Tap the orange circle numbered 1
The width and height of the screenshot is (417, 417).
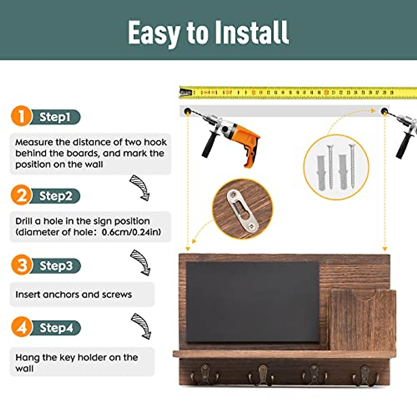[x=21, y=116]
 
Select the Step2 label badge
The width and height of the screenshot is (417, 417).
[x=56, y=196]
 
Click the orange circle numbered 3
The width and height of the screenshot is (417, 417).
[x=22, y=265]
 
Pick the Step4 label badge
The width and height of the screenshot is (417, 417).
[x=56, y=328]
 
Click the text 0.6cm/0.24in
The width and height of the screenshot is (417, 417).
[x=131, y=232]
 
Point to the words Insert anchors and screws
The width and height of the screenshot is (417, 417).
[x=74, y=295]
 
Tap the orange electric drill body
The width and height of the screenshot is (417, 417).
[x=243, y=139]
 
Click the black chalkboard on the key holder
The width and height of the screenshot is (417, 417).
[x=253, y=302]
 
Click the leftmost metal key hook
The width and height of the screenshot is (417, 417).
[x=205, y=374]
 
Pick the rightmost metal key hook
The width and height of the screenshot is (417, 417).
[x=365, y=375]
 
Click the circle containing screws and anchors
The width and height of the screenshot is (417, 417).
[x=336, y=167]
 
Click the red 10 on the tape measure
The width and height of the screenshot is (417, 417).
[x=254, y=93]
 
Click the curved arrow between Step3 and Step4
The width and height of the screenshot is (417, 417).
[x=141, y=326]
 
